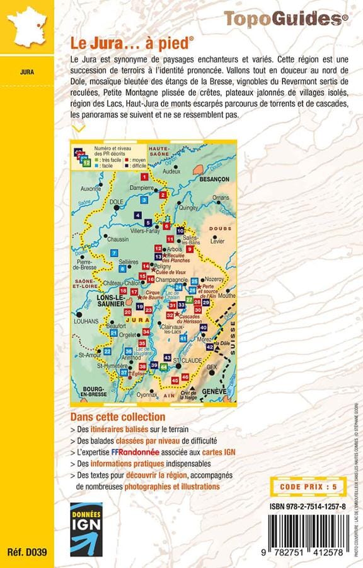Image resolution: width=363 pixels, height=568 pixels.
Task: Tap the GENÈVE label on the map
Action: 214,391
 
